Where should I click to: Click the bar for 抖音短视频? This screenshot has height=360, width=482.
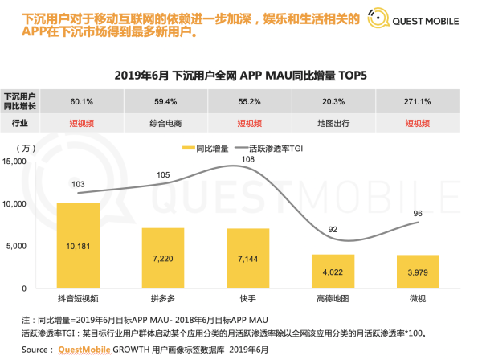[78, 245]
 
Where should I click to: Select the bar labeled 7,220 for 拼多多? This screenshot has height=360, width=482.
[163, 258]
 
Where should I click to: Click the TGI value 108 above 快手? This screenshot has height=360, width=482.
[248, 160]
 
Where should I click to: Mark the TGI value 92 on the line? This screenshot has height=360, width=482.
[333, 229]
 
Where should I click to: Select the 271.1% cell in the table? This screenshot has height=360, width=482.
[418, 101]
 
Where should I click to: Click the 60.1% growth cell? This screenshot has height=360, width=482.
[78, 101]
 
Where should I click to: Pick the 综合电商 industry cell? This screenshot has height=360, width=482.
[163, 123]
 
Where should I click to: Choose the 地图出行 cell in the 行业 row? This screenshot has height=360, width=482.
[333, 123]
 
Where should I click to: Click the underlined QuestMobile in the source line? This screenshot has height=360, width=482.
[87, 350]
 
